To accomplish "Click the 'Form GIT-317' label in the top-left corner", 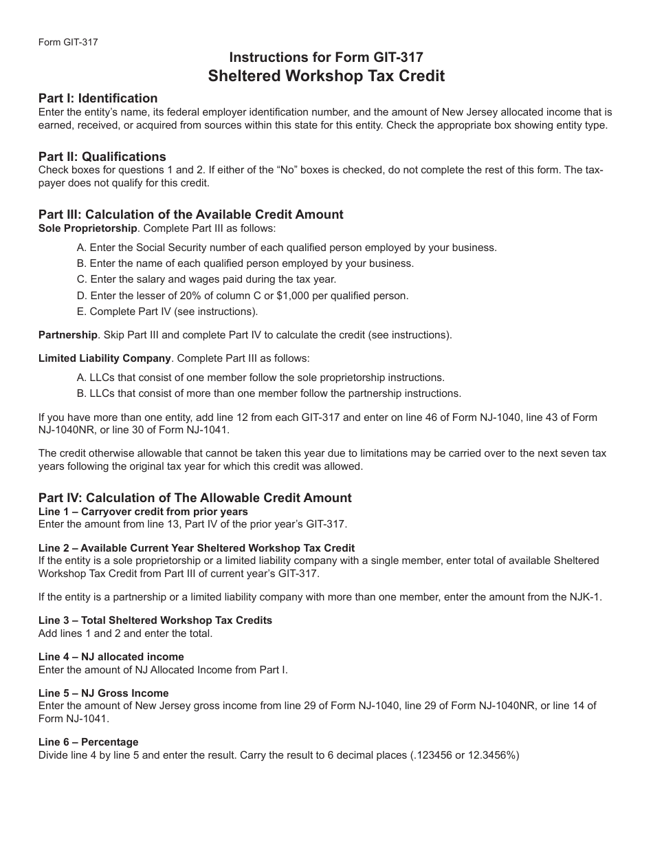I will pos(68,42).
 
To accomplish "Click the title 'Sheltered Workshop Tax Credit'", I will pos(326,76).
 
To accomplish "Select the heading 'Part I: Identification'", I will pos(98,98).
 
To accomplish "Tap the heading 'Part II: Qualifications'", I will pos(102,156).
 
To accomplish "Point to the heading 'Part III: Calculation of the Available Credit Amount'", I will pos(190,214).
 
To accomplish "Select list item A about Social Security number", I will pos(287,248).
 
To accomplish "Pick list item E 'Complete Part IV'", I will pos(168,312).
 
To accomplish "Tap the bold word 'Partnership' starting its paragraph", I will pos(68,335).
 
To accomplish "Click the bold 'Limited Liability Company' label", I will pos(104,358).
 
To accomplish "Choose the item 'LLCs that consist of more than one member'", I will pos(269,393).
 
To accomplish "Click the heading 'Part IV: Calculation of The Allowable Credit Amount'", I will pos(195,497).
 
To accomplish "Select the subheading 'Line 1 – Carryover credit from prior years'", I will pos(143,512).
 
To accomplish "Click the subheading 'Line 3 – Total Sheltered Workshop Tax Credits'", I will pos(155,620).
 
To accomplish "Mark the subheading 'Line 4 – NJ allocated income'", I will pos(111,657).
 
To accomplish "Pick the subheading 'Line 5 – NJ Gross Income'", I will pos(103,693).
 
